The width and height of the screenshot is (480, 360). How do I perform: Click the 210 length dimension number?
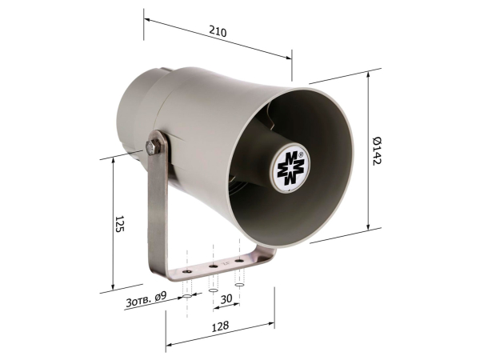coord(218,32)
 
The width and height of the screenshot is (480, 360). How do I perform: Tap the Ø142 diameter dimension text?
coord(377,151)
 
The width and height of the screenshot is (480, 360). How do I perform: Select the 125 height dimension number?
coord(120,223)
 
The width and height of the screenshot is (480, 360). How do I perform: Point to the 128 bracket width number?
coord(221,326)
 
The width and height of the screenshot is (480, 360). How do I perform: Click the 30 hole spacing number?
coord(226,298)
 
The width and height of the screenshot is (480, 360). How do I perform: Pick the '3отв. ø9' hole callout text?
coord(146,299)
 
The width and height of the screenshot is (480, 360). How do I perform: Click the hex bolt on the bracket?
coord(153,147)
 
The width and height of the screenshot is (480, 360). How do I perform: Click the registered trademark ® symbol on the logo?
coord(301,154)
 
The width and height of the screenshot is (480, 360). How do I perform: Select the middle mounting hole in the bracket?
coord(214,266)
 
